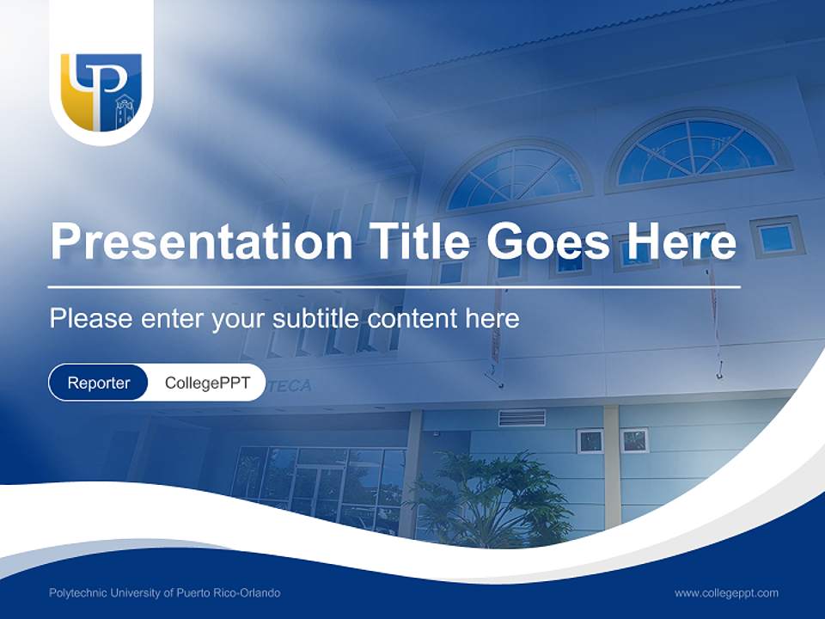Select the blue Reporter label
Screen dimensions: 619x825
click(x=99, y=383)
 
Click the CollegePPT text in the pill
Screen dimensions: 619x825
click(x=207, y=383)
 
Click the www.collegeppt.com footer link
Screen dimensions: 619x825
click(x=726, y=593)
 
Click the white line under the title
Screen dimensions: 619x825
click(x=394, y=286)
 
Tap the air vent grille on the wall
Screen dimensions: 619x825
click(x=522, y=418)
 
